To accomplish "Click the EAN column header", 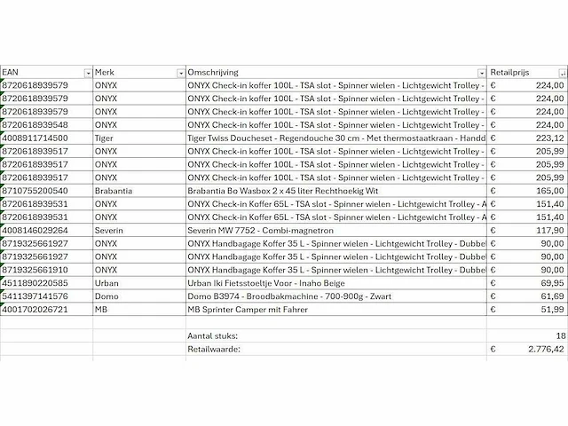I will [x=11, y=72].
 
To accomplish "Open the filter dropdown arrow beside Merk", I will [x=181, y=73].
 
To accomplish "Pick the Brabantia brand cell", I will [x=114, y=191].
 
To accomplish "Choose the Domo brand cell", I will [x=106, y=296].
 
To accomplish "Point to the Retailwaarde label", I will [x=215, y=350].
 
